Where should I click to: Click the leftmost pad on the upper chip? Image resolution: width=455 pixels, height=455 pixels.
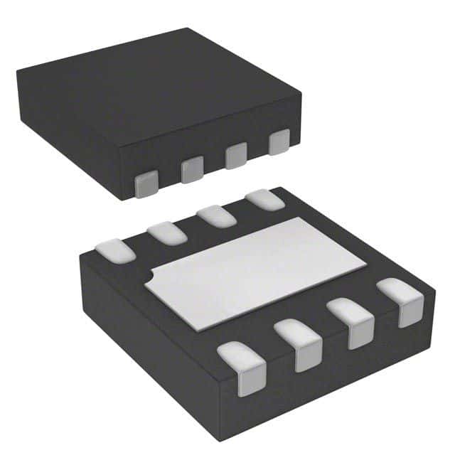coord(146,185)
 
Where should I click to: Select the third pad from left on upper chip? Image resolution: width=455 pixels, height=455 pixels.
coord(236,156)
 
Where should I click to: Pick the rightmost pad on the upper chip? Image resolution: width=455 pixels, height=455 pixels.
coord(279,142)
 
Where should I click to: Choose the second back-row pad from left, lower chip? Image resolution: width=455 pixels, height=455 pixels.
coord(167,232)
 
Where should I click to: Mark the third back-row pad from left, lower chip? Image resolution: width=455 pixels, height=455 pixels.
coord(216,215)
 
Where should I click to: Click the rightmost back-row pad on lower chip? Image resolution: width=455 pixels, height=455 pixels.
coord(264,200)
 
